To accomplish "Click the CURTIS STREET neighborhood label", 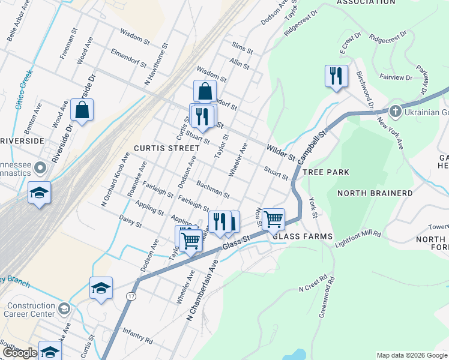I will coord(166,148).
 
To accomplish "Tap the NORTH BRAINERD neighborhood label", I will coord(375,193).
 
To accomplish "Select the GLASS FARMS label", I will coord(303,236).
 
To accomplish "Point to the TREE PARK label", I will coord(326,172).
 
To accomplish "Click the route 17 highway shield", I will coord(131,296).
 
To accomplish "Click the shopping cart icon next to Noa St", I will coord(274,220).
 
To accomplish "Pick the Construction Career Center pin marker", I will coord(65,309).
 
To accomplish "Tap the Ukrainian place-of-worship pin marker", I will coord(395,111).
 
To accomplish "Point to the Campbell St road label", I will coord(313,147).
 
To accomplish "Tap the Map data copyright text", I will coord(412,355).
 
